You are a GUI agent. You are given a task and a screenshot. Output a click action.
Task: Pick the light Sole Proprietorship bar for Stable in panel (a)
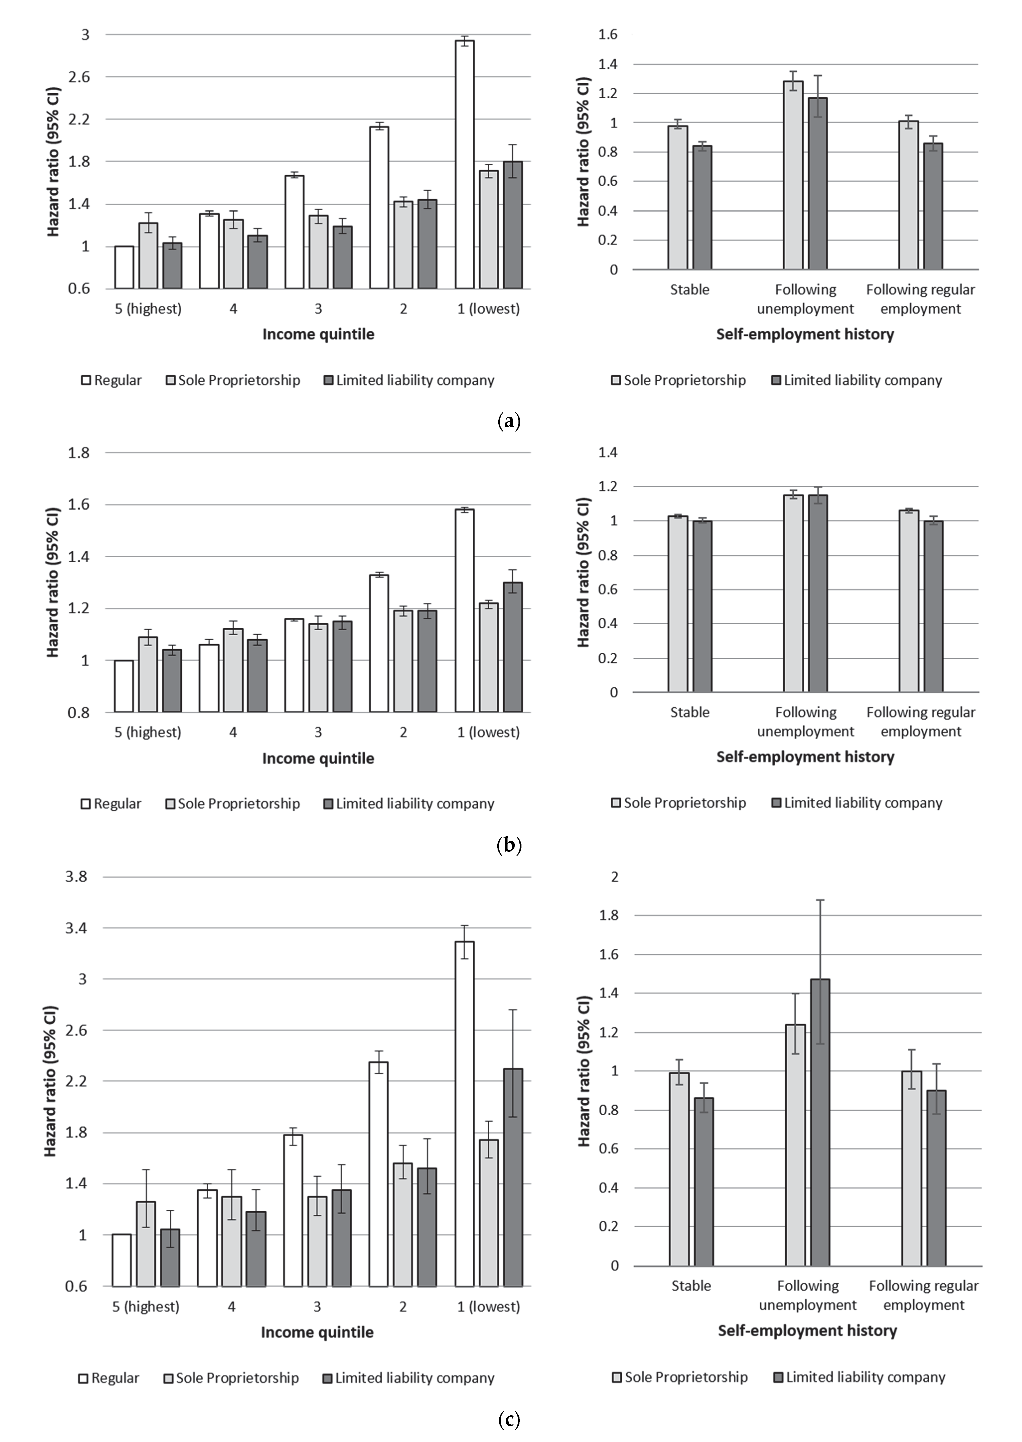tap(678, 197)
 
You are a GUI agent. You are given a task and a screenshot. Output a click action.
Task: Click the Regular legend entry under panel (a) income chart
tap(112, 380)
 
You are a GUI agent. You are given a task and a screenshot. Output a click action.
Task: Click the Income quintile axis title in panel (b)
tap(318, 758)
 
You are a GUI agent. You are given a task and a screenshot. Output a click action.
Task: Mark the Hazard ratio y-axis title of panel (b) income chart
tap(54, 582)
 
